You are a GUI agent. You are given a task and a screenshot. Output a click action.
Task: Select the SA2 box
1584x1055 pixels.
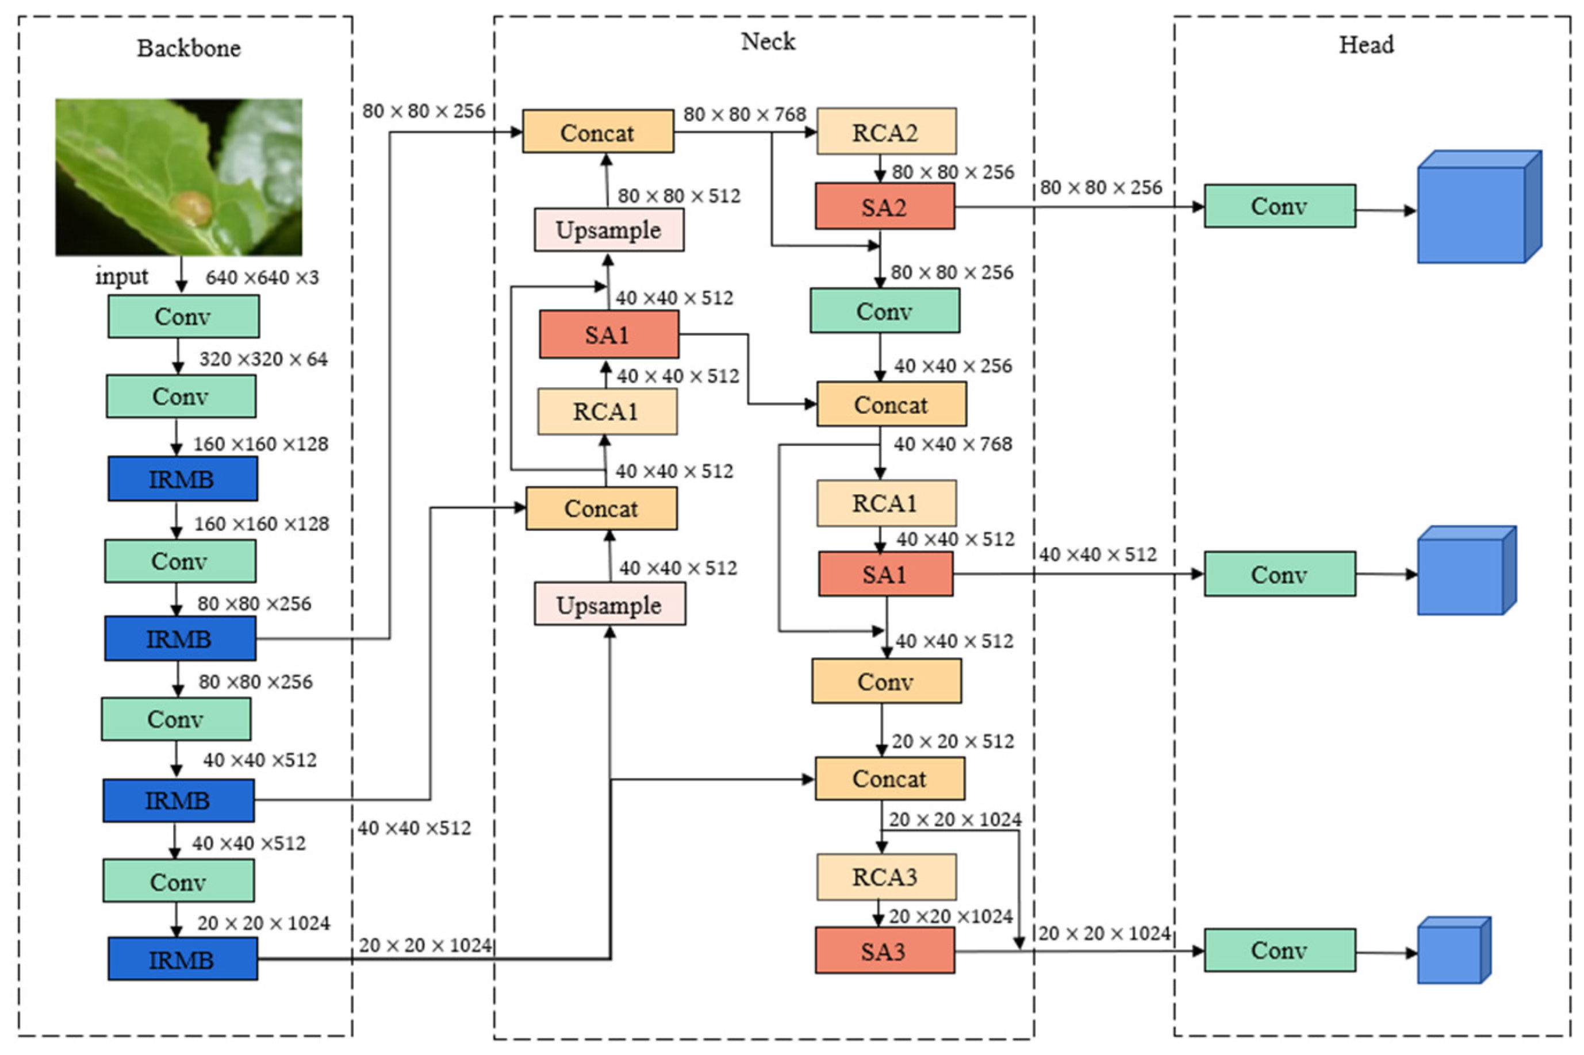[884, 206]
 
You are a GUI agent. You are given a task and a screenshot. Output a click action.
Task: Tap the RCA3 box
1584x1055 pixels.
[886, 877]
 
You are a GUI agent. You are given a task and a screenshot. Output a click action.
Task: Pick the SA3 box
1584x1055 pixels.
[884, 950]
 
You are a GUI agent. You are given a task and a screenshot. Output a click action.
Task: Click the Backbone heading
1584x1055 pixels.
[189, 48]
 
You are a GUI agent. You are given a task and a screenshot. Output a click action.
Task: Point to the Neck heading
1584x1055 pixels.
[768, 42]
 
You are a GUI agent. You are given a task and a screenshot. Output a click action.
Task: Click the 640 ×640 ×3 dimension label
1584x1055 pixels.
[262, 277]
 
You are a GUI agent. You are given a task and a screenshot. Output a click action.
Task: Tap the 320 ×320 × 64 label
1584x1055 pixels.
[263, 359]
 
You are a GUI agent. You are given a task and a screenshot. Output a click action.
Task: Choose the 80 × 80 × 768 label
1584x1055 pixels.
[744, 114]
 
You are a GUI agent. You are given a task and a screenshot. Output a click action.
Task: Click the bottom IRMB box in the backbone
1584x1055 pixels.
[182, 959]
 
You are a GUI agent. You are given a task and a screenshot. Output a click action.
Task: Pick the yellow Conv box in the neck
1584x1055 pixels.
[886, 681]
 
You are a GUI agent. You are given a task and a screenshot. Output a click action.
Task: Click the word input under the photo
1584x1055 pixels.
[121, 276]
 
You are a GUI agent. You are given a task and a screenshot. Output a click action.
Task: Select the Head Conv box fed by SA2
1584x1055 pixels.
[1279, 206]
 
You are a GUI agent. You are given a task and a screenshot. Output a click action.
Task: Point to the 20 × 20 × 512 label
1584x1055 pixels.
[953, 741]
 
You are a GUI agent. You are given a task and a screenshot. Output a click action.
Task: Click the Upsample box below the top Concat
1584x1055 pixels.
[608, 230]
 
